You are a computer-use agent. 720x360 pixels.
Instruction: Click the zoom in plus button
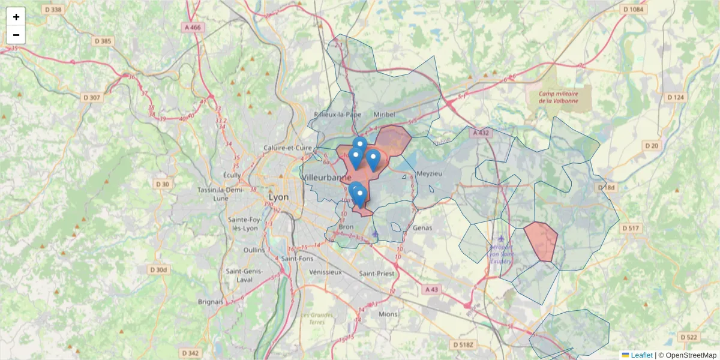[x=16, y=17]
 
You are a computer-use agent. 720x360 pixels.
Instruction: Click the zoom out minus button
[x=16, y=35]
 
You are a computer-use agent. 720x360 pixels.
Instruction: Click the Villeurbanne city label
[x=328, y=178]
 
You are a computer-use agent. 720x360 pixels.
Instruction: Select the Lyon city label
[x=278, y=197]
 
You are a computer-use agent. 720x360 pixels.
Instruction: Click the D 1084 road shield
[x=633, y=10]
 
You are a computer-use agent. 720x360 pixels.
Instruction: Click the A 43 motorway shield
[x=431, y=289]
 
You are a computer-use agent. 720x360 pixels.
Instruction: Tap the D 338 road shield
[x=53, y=10]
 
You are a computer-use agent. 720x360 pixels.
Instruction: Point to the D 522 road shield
[x=690, y=337]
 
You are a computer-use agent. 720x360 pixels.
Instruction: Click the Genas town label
[x=422, y=228]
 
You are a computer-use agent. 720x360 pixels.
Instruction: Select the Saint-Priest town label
[x=377, y=273]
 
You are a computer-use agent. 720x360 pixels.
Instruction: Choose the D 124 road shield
[x=675, y=97]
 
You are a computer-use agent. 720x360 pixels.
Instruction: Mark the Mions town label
[x=388, y=313]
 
